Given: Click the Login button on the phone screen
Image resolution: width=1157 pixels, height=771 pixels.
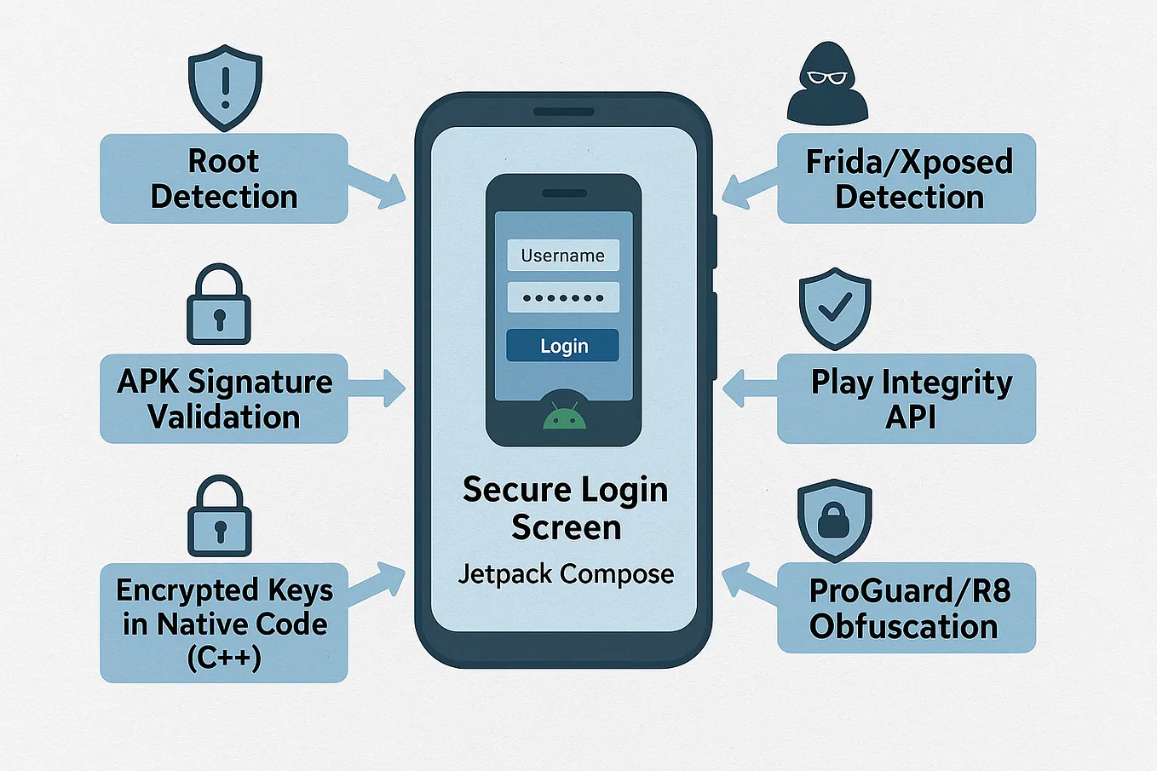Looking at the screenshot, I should [x=562, y=345].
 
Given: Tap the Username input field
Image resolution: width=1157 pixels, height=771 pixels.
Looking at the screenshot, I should [x=562, y=256].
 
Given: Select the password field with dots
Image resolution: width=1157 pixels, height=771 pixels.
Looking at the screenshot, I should [x=562, y=297].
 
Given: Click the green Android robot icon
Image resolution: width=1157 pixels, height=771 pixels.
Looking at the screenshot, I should [x=564, y=413].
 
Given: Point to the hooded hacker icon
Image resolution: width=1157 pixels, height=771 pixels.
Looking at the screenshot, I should [x=826, y=85].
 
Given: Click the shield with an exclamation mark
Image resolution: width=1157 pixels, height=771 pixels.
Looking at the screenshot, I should [x=225, y=88].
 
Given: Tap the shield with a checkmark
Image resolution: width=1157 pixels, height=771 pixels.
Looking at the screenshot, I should [x=835, y=308].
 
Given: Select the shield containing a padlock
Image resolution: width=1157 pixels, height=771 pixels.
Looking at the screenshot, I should [x=834, y=520].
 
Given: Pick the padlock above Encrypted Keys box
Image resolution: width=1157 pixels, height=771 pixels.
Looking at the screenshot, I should [x=219, y=517].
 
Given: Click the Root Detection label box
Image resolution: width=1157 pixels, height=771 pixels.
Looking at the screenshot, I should [x=224, y=179].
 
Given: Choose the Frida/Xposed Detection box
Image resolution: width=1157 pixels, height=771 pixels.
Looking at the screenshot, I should [x=907, y=179].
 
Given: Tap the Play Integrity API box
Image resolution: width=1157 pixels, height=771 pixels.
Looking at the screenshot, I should [x=907, y=399].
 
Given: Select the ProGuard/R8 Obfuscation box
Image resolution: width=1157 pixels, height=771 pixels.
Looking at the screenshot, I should [x=907, y=608].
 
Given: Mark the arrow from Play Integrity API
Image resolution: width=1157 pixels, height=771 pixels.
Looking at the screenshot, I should [x=750, y=388].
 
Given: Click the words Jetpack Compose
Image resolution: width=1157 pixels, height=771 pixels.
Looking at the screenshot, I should [x=566, y=574].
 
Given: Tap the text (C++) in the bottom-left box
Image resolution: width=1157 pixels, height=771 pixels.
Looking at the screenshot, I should [x=224, y=658].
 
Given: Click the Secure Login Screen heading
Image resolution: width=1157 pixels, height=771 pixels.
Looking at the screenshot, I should [x=566, y=509].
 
